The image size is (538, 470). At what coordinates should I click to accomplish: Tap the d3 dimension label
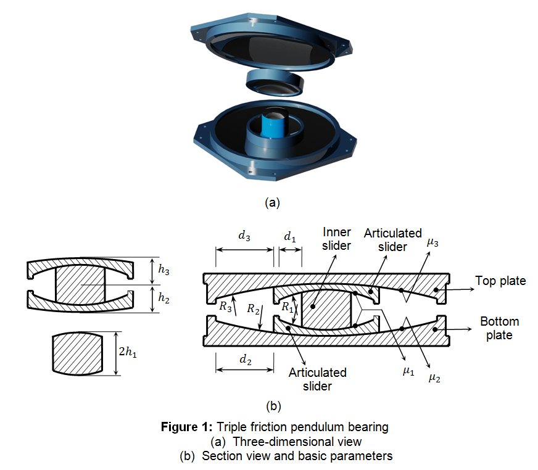tap(244, 236)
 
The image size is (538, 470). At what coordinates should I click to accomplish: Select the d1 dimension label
tap(290, 236)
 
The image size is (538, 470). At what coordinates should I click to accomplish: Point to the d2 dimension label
tap(246, 360)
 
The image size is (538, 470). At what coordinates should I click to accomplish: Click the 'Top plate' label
tap(500, 281)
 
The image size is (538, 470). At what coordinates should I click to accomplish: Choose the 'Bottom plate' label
tap(499, 328)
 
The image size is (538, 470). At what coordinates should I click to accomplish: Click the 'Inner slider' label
tap(337, 239)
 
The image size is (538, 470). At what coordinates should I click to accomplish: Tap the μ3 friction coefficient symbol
tap(432, 242)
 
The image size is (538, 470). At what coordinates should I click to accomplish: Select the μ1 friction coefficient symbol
tap(408, 371)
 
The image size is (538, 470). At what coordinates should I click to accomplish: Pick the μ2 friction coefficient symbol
tap(434, 377)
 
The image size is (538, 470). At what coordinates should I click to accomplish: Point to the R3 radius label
tap(225, 306)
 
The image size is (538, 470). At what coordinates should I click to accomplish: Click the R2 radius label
tap(253, 309)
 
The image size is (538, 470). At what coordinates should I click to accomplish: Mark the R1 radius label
tap(288, 307)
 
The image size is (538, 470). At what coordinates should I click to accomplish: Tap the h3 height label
tap(163, 270)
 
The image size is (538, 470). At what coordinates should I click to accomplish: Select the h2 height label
tap(163, 298)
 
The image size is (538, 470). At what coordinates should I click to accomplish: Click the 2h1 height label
tap(128, 352)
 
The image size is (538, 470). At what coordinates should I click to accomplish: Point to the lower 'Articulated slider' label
tap(317, 379)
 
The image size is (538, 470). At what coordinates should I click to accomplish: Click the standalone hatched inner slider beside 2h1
tap(78, 353)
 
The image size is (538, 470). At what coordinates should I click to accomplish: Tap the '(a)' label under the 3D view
tap(273, 203)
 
